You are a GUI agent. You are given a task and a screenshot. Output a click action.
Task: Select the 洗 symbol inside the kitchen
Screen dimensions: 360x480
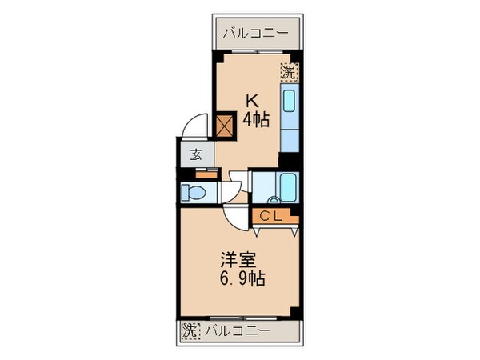pyautogui.click(x=288, y=71)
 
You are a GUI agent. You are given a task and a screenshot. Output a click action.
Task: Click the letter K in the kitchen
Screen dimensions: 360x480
pyautogui.click(x=251, y=102)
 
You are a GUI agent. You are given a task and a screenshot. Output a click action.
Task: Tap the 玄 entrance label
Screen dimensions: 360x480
pyautogui.click(x=196, y=155)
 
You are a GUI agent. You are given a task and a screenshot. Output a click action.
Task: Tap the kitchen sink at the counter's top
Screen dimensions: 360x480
pyautogui.click(x=290, y=102)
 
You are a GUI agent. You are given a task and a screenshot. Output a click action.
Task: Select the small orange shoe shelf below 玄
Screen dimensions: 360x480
pyautogui.click(x=206, y=172)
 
